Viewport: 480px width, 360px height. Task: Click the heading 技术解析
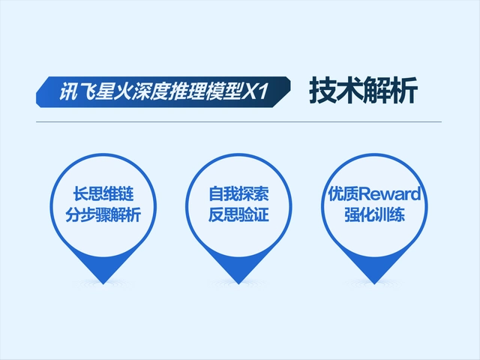[x=362, y=91]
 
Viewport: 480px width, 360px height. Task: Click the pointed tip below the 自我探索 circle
[x=238, y=280]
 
